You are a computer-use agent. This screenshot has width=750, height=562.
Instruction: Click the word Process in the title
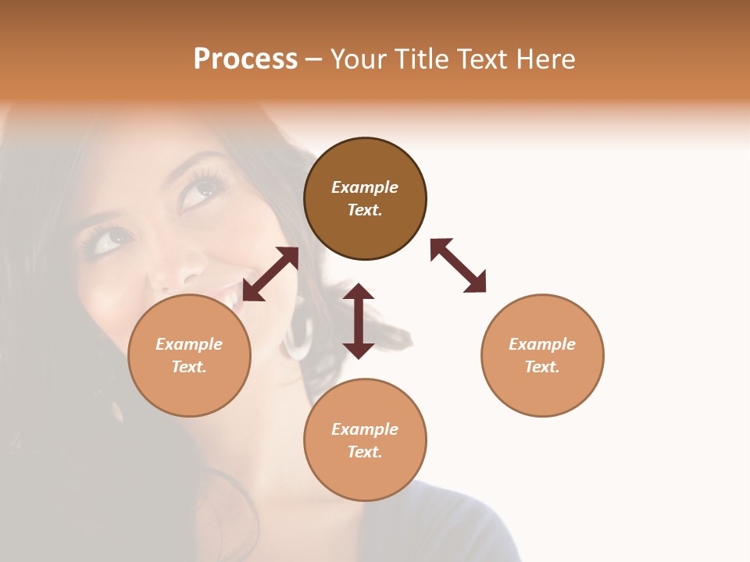(245, 59)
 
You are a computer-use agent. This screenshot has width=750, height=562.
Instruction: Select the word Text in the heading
(482, 59)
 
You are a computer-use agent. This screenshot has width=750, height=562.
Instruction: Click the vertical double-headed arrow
(359, 321)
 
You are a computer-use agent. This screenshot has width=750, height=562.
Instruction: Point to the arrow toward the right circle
(458, 265)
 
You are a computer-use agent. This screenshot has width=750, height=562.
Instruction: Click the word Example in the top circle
(365, 187)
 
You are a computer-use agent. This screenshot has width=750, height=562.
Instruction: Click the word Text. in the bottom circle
(365, 452)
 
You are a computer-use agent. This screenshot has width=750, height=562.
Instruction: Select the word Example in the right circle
(542, 344)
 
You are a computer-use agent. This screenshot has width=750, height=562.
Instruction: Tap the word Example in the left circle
(189, 344)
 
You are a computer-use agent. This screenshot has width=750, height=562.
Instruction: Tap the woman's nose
(176, 265)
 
